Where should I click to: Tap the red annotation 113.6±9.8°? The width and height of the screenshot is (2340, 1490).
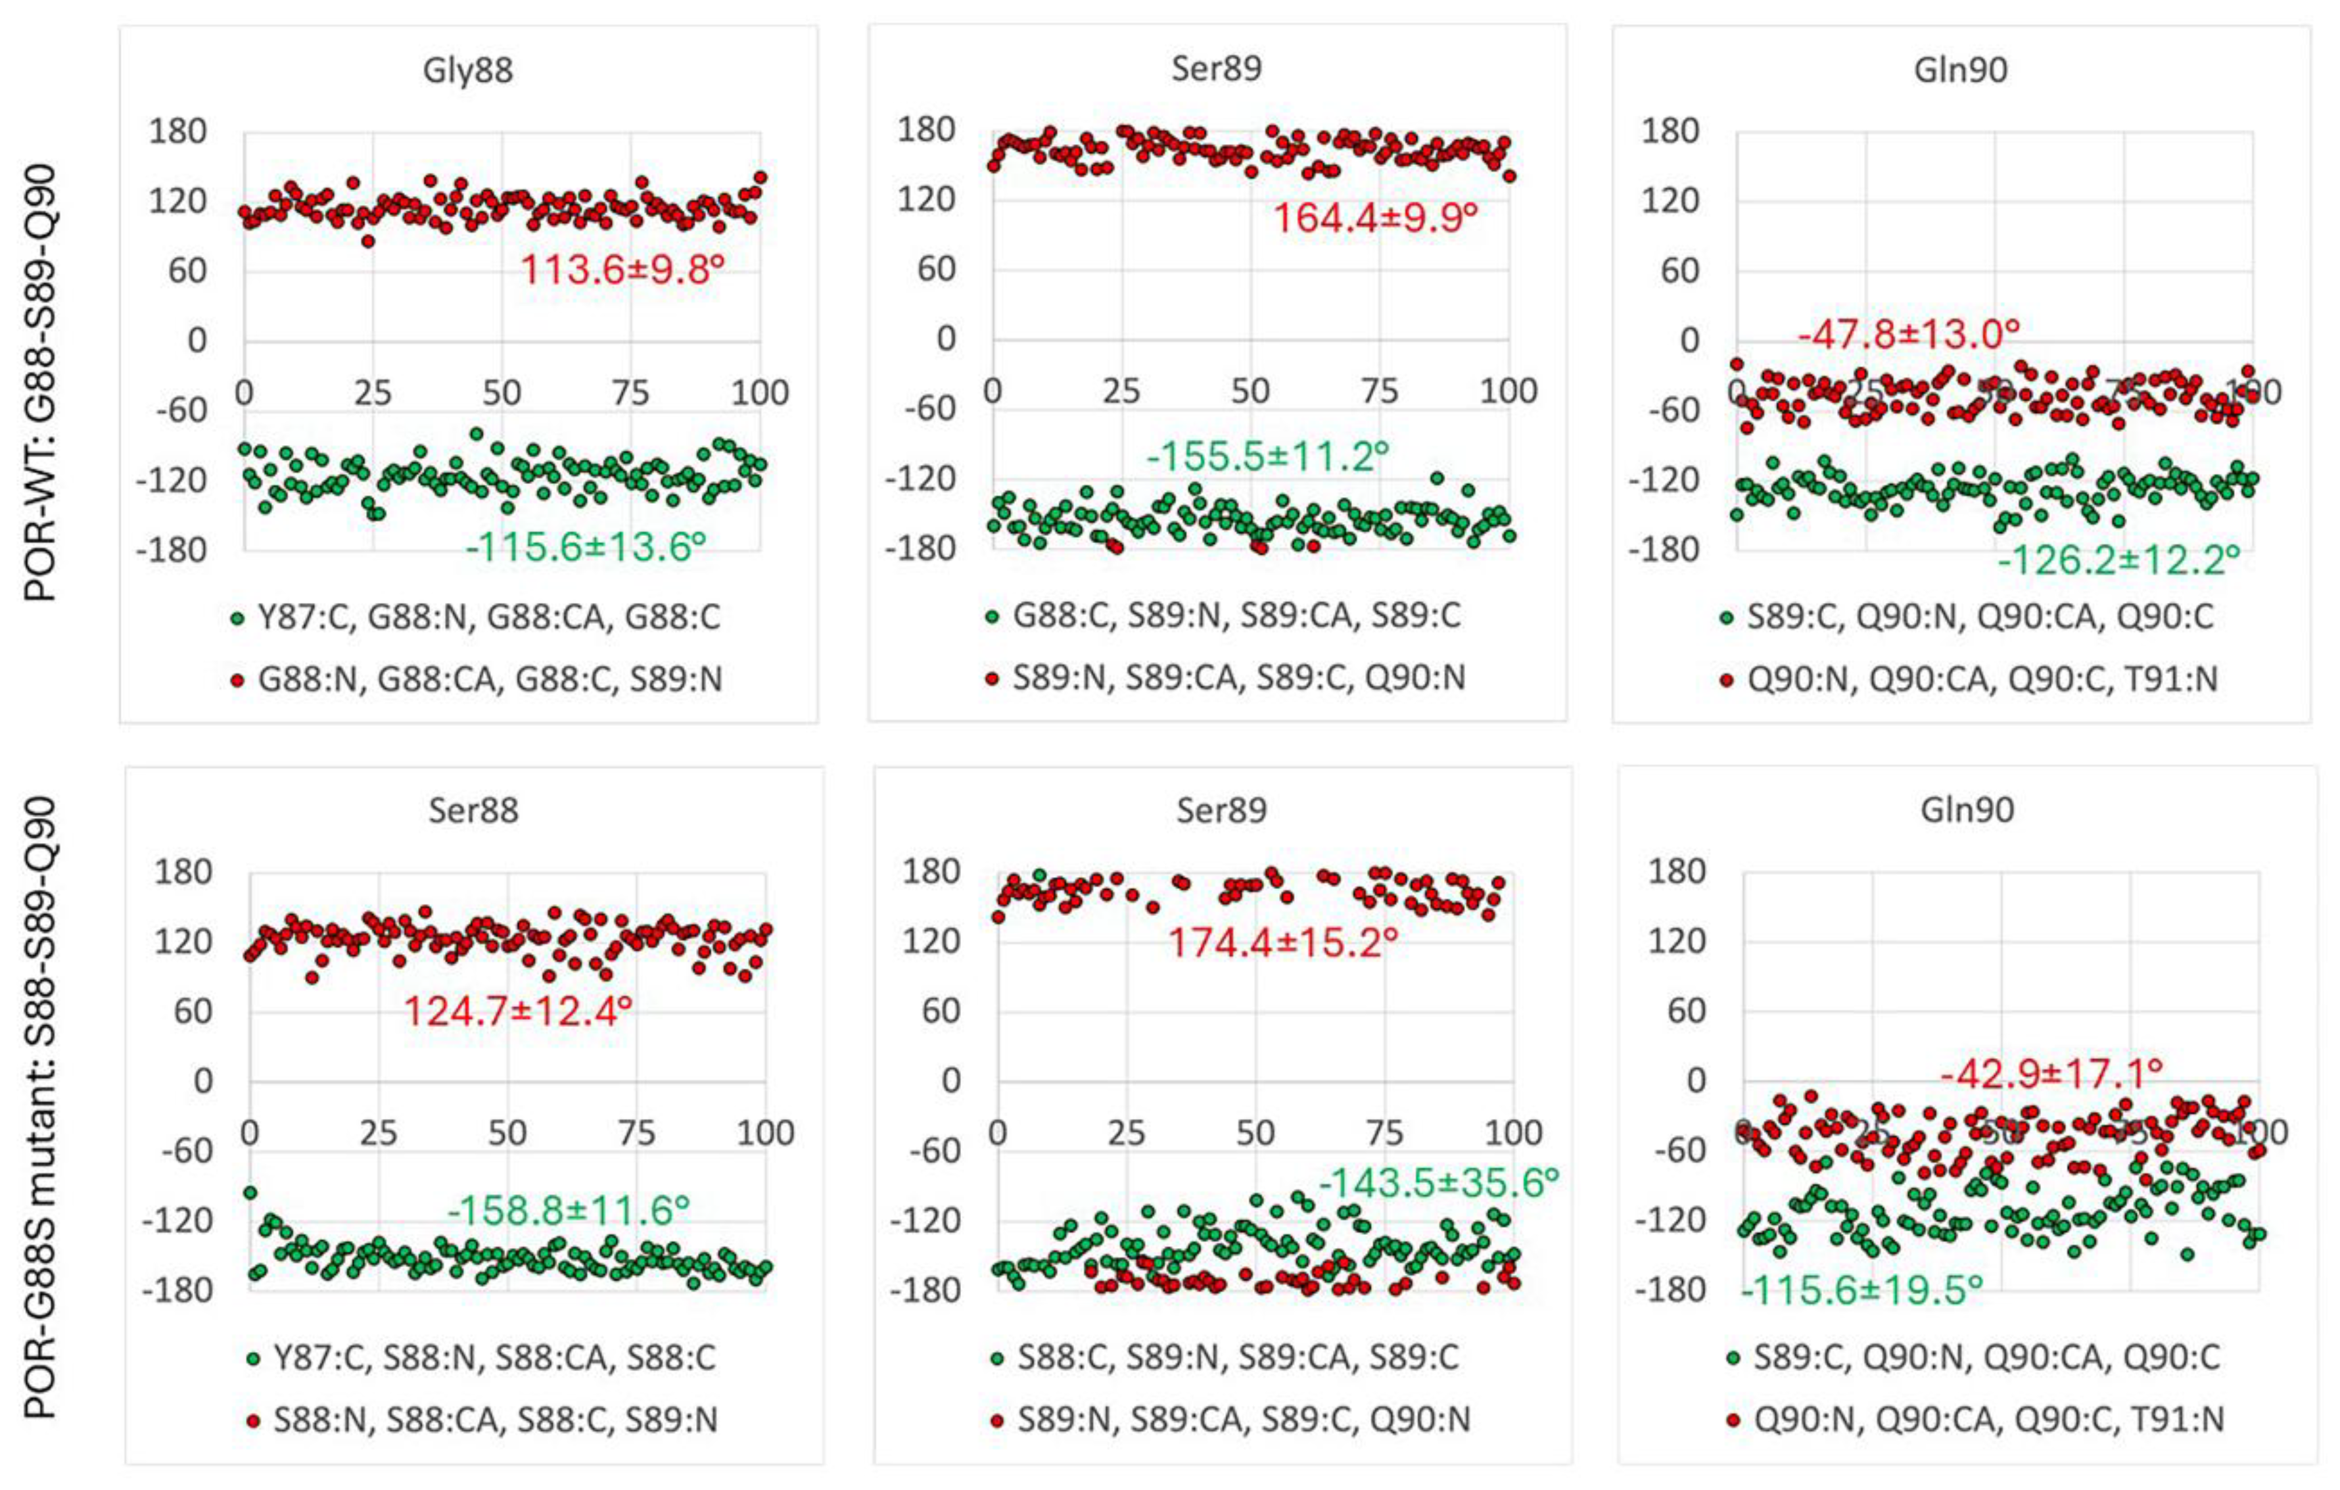coord(623,269)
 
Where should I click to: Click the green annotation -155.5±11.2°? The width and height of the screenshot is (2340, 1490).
coord(1268,456)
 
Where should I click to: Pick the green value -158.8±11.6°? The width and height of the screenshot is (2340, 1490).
coord(569,1210)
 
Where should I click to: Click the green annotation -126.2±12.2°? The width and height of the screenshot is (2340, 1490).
coord(2118,560)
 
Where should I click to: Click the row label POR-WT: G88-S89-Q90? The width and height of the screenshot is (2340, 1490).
coord(41,384)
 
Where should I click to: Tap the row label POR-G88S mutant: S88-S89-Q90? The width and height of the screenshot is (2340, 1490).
coord(41,1108)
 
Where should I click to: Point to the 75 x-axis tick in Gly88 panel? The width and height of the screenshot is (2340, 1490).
coord(630,393)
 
